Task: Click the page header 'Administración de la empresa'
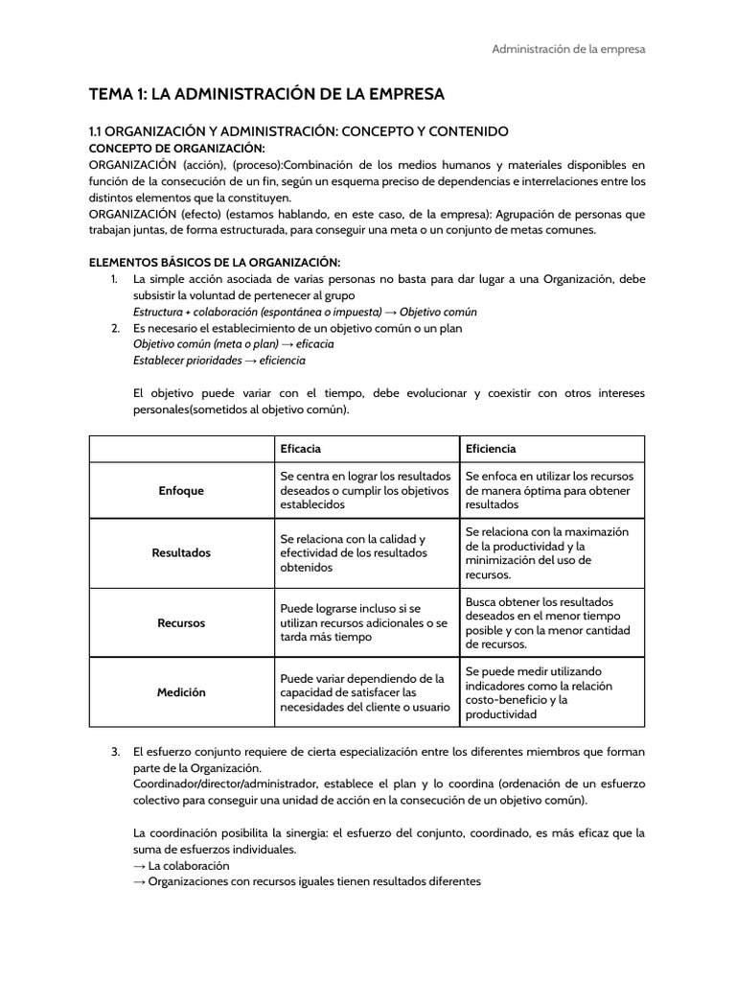pos(568,49)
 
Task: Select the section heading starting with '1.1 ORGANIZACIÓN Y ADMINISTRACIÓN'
pos(298,130)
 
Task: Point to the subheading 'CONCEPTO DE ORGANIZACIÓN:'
pos(176,148)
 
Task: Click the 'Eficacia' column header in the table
pos(300,449)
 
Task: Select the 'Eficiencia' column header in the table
pos(491,449)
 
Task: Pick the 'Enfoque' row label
pos(181,490)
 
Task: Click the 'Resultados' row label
pos(181,553)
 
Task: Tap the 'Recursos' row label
pos(181,622)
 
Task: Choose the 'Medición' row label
pos(181,691)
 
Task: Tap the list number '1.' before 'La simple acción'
pos(114,279)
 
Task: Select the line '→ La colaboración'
pos(181,865)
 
